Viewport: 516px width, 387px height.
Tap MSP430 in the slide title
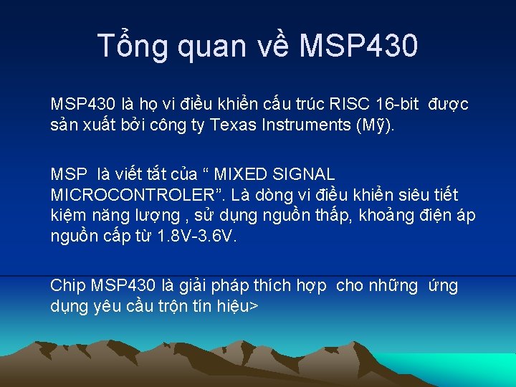pyautogui.click(x=358, y=47)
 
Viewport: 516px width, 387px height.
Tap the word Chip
pyautogui.click(x=68, y=286)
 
